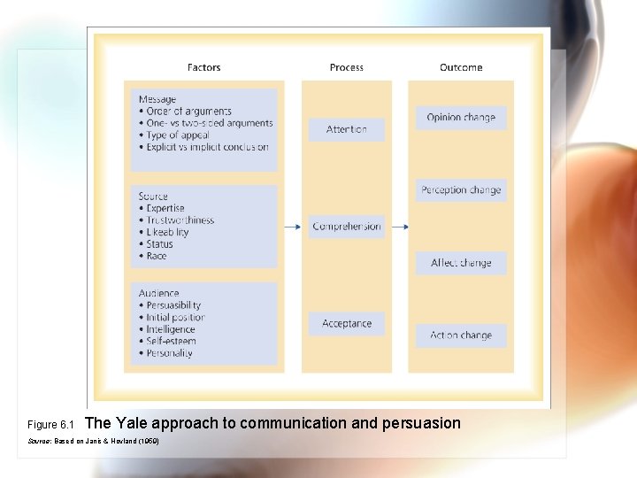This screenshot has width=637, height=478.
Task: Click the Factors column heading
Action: pos(204,67)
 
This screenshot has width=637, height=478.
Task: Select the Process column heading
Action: pos(346,67)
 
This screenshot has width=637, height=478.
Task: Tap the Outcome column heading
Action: pos(461,67)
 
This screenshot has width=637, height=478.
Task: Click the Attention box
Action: pos(346,129)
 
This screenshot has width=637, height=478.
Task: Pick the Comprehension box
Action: pos(346,227)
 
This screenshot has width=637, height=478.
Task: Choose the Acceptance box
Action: pos(346,324)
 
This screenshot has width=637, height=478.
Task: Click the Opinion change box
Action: pos(461,118)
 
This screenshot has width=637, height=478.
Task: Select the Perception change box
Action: pos(461,190)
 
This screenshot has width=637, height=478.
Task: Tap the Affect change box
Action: pos(461,263)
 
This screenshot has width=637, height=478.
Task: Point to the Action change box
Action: pos(461,335)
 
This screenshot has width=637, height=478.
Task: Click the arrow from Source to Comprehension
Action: pos(292,227)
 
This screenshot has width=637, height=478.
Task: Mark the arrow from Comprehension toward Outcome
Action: pos(400,227)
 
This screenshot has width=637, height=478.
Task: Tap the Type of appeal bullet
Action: pos(174,135)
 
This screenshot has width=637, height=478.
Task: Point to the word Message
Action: pos(157,99)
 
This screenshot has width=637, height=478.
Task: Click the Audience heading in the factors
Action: pos(158,293)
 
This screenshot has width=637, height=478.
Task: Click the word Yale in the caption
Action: pos(133,423)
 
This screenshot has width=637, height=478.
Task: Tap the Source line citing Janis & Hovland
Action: pos(94,440)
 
